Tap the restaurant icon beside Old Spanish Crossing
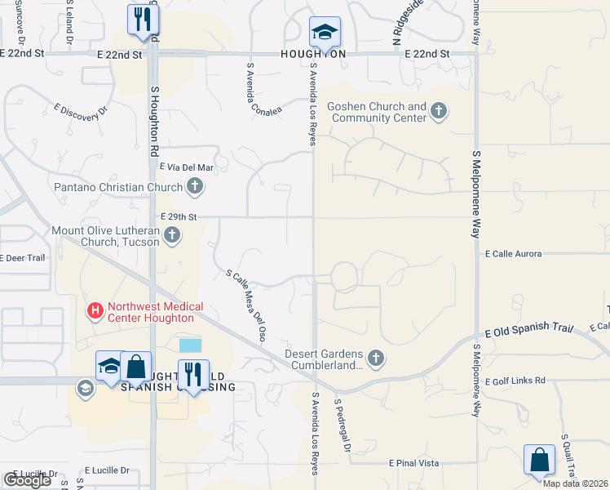(x=193, y=374)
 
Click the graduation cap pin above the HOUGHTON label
(x=325, y=32)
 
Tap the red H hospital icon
(x=95, y=311)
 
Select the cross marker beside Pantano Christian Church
(x=194, y=188)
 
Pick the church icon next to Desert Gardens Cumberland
(x=375, y=357)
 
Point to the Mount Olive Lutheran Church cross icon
(x=171, y=236)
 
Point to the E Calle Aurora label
(x=513, y=254)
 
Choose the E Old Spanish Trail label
(x=528, y=332)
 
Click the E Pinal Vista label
(x=414, y=463)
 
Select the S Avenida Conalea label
(x=260, y=87)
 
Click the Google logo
(x=27, y=480)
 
